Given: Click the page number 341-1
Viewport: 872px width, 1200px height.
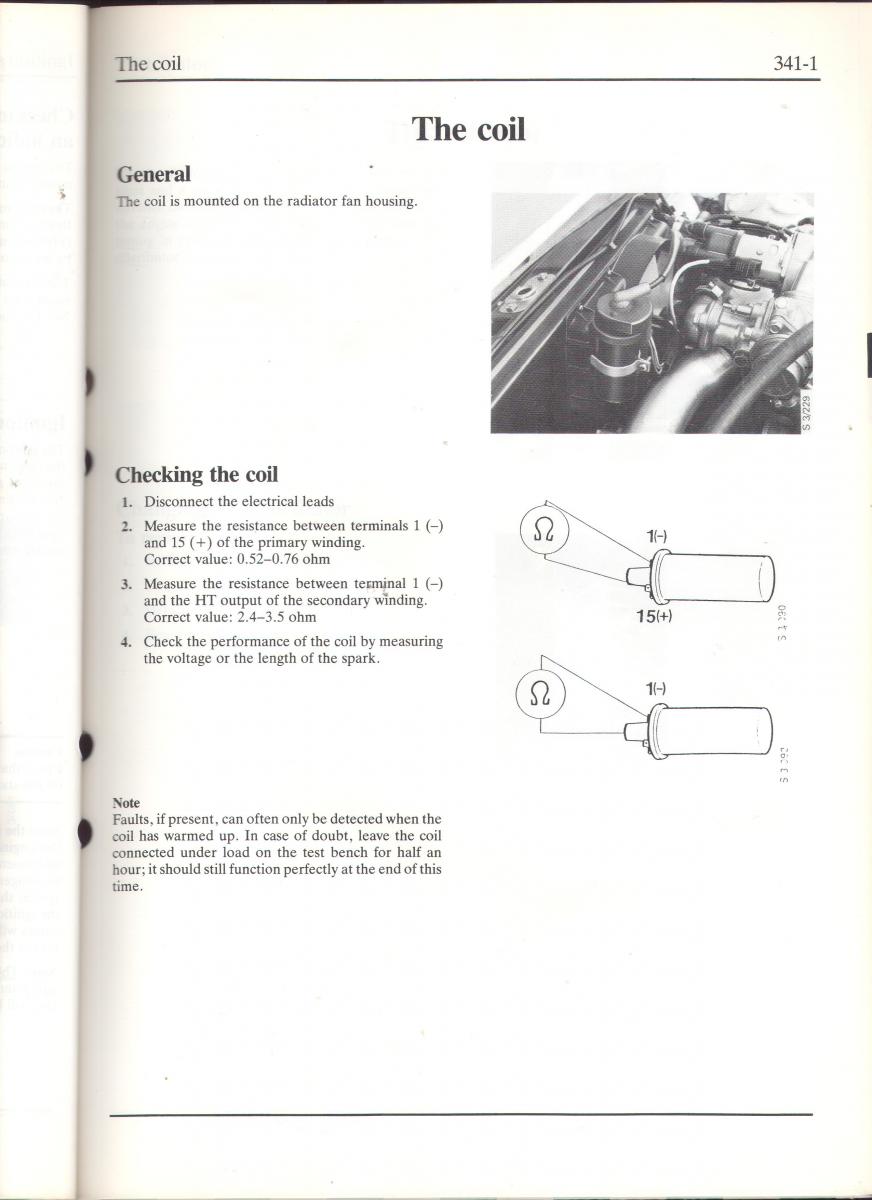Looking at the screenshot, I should pos(796,64).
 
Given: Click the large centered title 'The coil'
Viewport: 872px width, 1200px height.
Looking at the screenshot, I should pos(468,129).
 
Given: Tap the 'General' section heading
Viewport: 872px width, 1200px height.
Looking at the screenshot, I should pos(153,174).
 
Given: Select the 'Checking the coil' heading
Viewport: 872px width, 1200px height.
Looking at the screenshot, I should pos(197,474).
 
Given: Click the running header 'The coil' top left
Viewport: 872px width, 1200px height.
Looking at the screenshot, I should pos(148,64).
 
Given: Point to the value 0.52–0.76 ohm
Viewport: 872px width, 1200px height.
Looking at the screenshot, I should pos(283,559).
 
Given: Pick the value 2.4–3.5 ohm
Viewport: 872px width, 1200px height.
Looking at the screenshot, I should pos(277,617).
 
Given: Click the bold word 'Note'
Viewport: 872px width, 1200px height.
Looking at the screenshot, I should pos(126,803).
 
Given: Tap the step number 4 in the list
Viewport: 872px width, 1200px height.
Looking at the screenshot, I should pos(126,642).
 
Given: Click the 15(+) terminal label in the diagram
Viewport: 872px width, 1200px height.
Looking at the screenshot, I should pos(654,616).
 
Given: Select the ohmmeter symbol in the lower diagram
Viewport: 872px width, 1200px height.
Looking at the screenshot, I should pos(541,693).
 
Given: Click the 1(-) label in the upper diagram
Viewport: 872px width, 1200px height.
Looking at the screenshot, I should pos(656,537).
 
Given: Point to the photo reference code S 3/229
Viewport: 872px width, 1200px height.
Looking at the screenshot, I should pos(806,412).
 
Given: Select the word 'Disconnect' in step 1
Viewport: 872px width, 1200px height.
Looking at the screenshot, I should pos(178,501).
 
